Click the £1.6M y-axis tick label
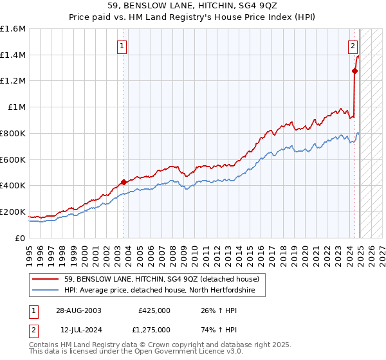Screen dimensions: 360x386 [x=12, y=29]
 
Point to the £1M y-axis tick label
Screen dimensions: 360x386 [x=16, y=107]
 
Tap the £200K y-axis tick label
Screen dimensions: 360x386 [x=12, y=212]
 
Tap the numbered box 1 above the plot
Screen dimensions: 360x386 [x=122, y=46]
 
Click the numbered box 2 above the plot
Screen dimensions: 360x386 [x=353, y=46]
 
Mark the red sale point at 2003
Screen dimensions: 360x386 [x=124, y=182]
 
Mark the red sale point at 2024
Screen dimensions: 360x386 [x=354, y=71]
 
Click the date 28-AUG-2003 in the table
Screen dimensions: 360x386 [x=78, y=310]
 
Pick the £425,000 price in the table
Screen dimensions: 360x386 [x=154, y=310]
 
